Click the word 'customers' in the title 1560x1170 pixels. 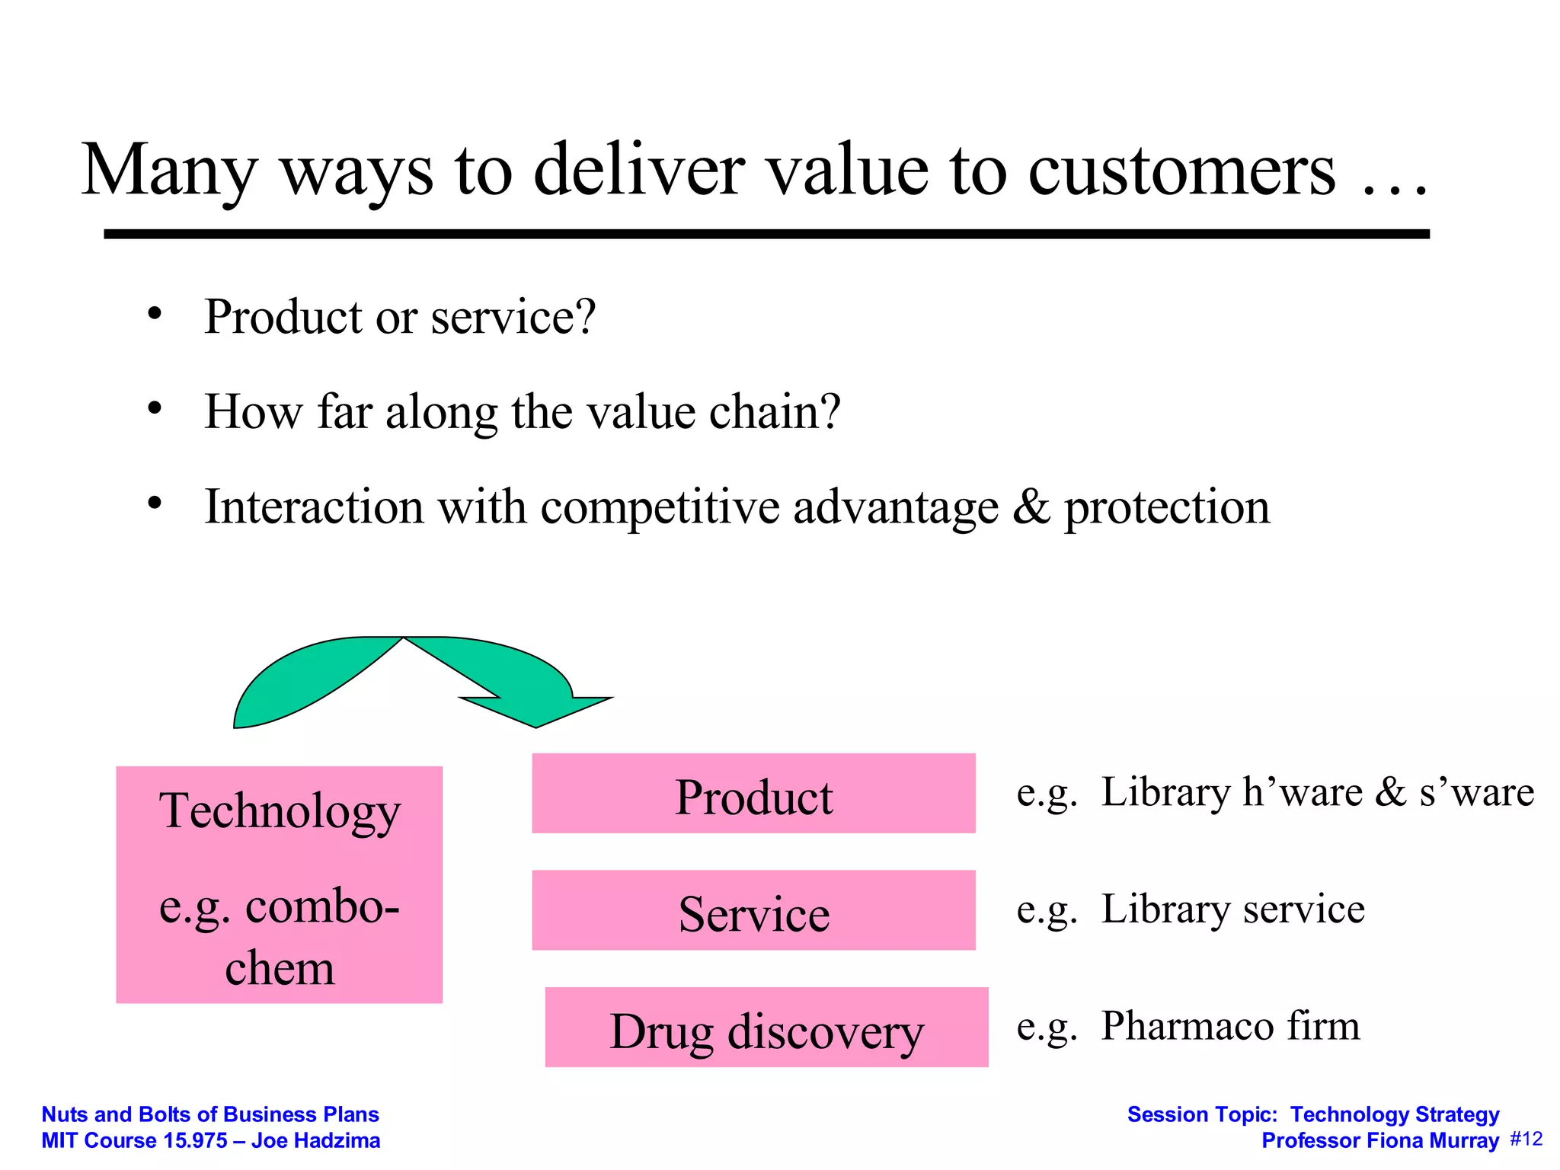(1181, 171)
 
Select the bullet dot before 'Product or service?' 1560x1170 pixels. (155, 314)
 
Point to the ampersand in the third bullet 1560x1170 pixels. (1031, 507)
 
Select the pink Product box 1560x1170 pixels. (753, 794)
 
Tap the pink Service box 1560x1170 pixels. (753, 911)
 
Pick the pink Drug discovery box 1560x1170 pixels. (766, 1028)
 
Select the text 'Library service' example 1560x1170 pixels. (1232, 909)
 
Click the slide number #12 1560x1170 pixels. (1526, 1140)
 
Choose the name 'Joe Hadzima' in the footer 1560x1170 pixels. (316, 1141)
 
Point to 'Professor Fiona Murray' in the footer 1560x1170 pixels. (1379, 1141)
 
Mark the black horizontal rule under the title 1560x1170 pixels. (766, 234)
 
